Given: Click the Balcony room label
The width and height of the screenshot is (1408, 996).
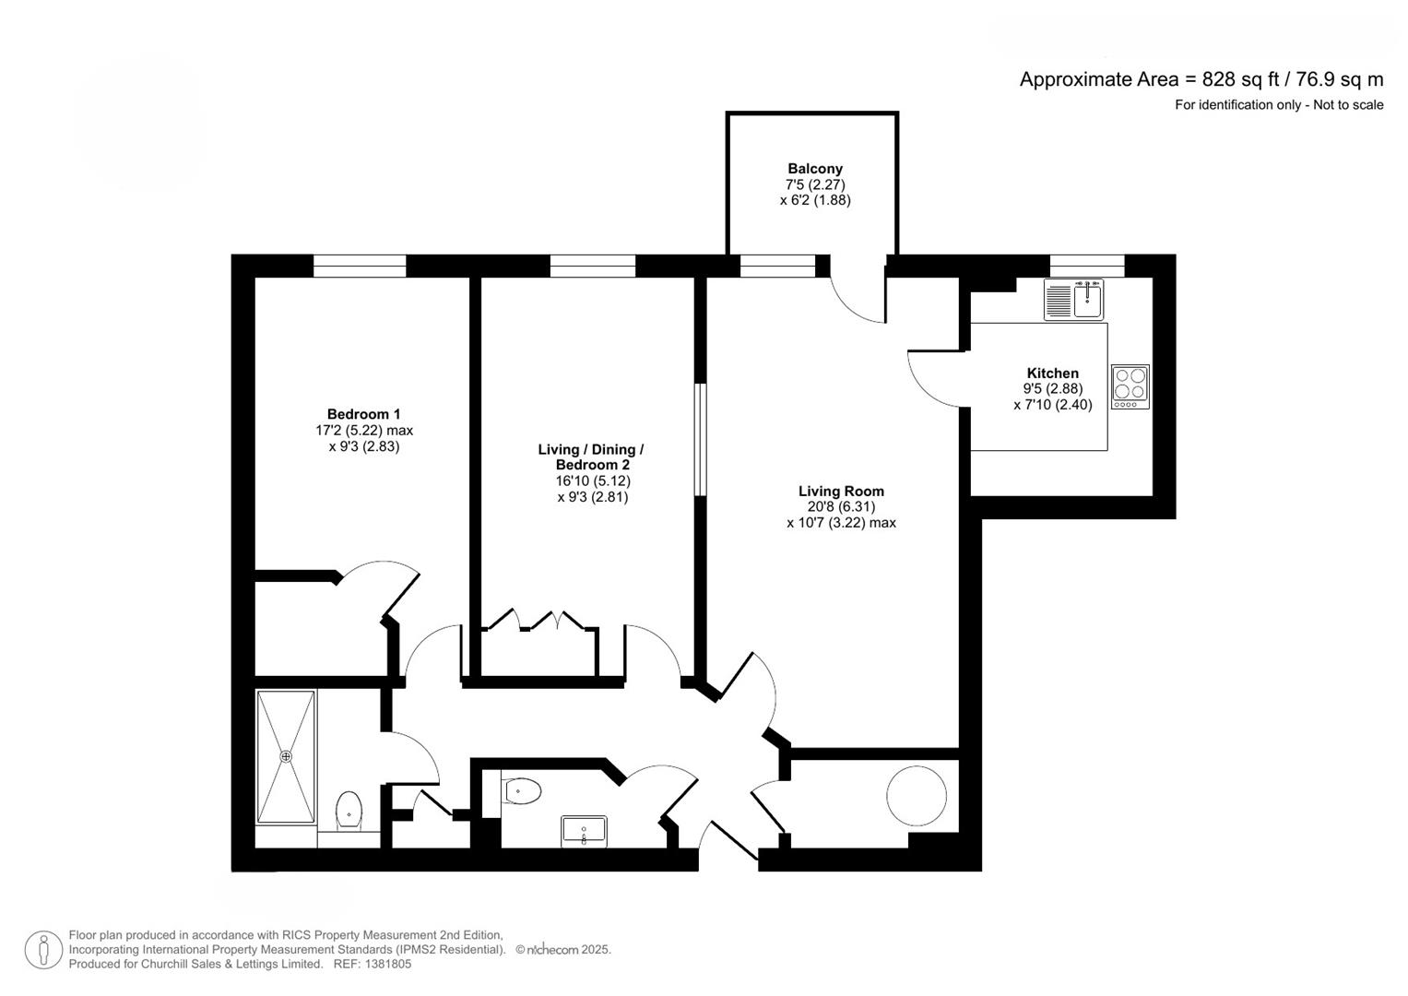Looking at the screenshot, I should pos(814,169).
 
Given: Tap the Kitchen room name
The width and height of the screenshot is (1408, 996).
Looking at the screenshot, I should pos(1052,373).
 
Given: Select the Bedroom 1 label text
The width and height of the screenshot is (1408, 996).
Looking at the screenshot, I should pos(363,415).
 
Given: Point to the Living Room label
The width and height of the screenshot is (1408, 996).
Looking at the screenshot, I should pos(841,492).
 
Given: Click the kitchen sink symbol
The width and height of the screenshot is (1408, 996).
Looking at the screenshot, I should pos(1074,300).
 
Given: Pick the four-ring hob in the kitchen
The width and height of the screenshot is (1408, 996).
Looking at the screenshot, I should pos(1130,386).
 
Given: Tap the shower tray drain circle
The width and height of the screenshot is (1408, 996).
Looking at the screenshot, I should pos(286,756).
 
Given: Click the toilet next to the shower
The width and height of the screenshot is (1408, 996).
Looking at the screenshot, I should pos(349,810).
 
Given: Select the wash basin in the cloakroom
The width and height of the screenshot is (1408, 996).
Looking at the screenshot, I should pos(584,831).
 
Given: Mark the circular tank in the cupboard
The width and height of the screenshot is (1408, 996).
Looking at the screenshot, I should pos(917,796).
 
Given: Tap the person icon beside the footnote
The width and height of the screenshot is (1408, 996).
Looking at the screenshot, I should pos(43,950).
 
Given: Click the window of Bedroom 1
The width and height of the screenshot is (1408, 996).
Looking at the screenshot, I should pos(359,267).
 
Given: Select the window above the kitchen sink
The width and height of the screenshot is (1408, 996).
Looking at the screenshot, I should pos(1087,267).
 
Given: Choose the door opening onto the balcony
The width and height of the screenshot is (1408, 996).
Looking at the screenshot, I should pos(858,295).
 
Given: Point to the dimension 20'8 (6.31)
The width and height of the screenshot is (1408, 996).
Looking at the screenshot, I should pos(841,507).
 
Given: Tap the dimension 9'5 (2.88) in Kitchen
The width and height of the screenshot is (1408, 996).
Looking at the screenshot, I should pos(1052,389).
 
